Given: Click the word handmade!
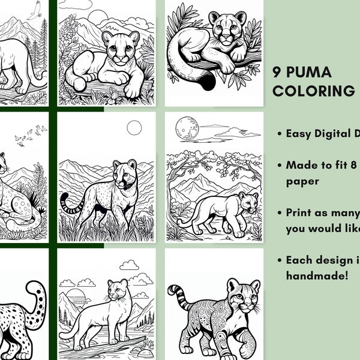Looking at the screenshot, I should click(x=316, y=275).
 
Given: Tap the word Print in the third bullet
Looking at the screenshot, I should click(x=300, y=212).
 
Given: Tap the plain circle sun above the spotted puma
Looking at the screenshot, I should click(x=134, y=127).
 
